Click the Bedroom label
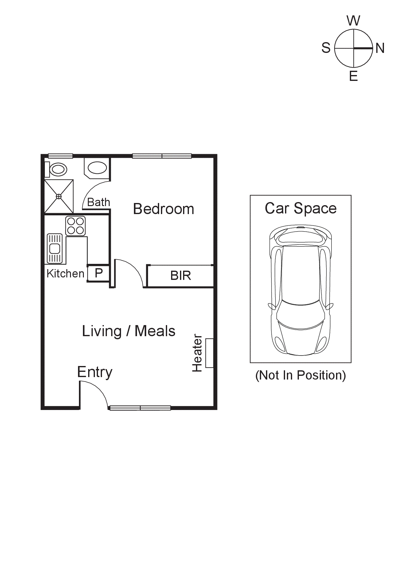[x=163, y=209]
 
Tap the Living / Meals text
[x=128, y=331]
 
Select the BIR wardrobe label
[x=181, y=276]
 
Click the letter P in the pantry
[x=99, y=273]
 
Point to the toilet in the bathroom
[x=57, y=169]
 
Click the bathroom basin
[x=97, y=168]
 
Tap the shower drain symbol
[x=59, y=196]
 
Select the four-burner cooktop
[x=75, y=226]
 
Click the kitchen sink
[x=55, y=249]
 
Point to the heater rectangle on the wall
[x=209, y=353]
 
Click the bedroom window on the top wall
[x=162, y=156]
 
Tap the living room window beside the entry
[x=140, y=408]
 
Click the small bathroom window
[x=60, y=156]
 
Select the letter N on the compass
[x=380, y=48]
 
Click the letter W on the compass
[x=353, y=21]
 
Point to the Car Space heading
[x=300, y=208]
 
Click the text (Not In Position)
[x=300, y=375]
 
